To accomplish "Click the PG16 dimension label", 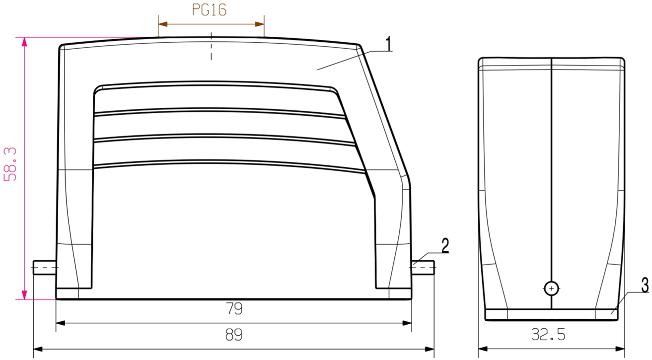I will tap(209, 10).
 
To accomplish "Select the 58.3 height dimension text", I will tap(11, 164).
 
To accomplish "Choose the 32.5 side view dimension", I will tap(548, 334).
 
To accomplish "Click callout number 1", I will tap(389, 44).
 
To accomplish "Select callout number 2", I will tap(444, 246).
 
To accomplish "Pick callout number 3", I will tap(645, 286).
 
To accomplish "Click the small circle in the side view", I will tap(551, 288).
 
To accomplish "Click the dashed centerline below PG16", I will tap(211, 46).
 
